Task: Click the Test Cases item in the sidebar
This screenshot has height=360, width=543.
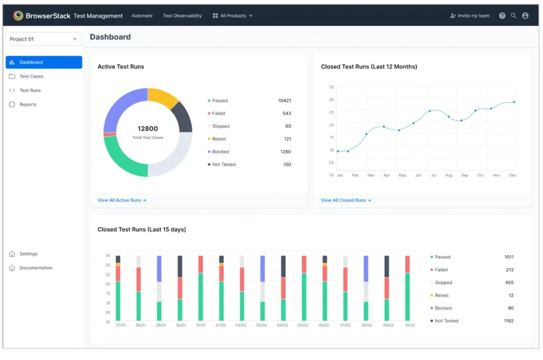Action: point(31,76)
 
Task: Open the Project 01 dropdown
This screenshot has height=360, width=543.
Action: point(43,39)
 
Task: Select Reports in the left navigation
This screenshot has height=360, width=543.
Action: point(28,104)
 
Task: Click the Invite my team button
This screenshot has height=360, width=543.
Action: point(470,16)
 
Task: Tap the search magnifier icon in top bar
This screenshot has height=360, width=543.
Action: point(513,16)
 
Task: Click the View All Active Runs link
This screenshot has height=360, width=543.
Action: point(121,200)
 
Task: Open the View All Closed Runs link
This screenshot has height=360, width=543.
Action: point(346,200)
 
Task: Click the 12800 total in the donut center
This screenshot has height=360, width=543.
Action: point(147,129)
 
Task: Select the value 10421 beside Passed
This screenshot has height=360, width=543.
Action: point(284,101)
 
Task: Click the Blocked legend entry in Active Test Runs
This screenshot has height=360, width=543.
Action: point(220,152)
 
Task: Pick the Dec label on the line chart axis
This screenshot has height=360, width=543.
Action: point(512,175)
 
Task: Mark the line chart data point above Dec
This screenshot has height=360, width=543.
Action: point(513,102)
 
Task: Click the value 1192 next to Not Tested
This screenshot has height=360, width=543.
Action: point(508,321)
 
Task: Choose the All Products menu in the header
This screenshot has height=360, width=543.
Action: point(233,16)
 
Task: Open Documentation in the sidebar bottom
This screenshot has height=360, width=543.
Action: point(36,268)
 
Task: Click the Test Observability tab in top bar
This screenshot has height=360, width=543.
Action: point(182,16)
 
